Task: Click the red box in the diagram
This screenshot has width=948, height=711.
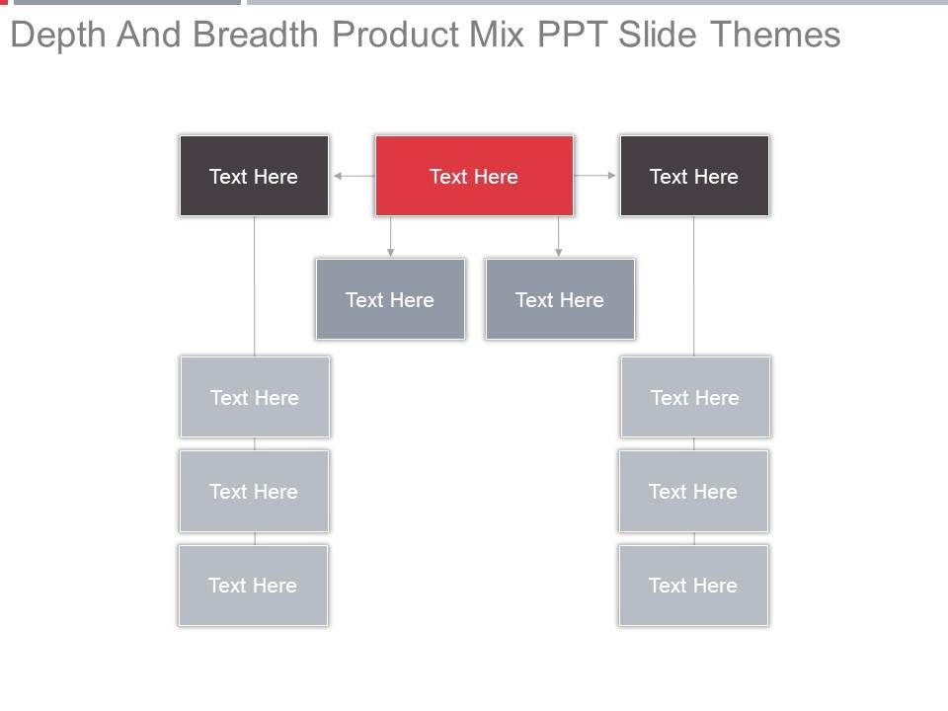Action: pyautogui.click(x=474, y=176)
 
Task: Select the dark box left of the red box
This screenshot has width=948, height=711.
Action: pyautogui.click(x=254, y=176)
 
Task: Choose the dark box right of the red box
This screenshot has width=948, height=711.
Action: pyautogui.click(x=694, y=176)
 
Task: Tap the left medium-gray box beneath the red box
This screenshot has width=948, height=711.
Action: pyautogui.click(x=390, y=299)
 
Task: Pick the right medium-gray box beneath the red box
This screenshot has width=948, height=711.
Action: pyautogui.click(x=560, y=299)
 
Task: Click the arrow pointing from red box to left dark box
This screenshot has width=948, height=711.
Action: pyautogui.click(x=353, y=176)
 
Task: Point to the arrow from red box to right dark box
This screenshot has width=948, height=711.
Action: pyautogui.click(x=595, y=176)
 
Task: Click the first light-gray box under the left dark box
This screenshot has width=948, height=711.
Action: pyautogui.click(x=255, y=397)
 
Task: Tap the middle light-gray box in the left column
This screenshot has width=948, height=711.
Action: pyautogui.click(x=254, y=491)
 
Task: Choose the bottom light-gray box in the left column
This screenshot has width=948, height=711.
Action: pyautogui.click(x=253, y=585)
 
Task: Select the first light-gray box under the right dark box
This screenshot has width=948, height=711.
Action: pyautogui.click(x=695, y=397)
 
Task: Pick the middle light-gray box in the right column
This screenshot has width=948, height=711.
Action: pyautogui.click(x=693, y=491)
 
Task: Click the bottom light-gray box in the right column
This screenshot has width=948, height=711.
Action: pyautogui.click(x=693, y=585)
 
